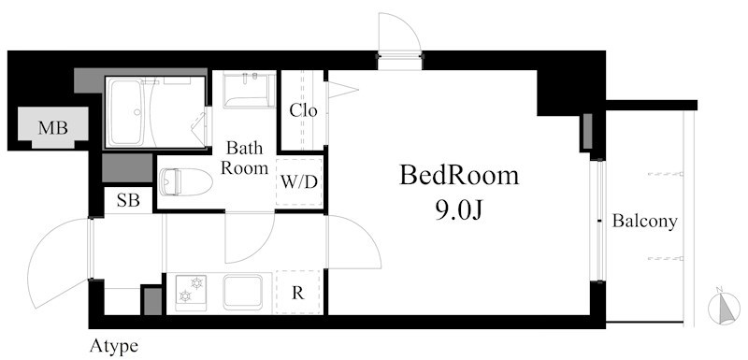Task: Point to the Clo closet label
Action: click(x=303, y=110)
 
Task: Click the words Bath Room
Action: click(x=249, y=158)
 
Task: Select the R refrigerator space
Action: click(x=298, y=293)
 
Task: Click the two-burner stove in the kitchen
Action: click(x=192, y=292)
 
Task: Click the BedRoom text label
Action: click(x=458, y=175)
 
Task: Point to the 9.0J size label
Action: click(x=458, y=209)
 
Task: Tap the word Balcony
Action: click(x=644, y=223)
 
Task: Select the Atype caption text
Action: click(x=114, y=346)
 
